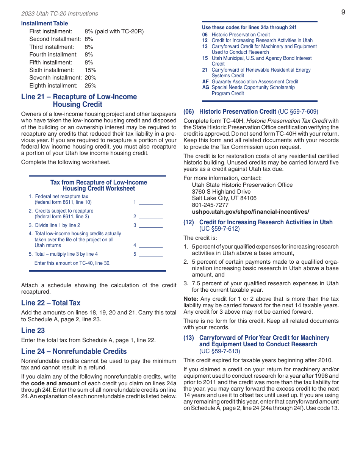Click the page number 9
click(x=343, y=12)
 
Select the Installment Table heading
click(x=44, y=23)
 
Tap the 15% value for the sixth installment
click(x=91, y=70)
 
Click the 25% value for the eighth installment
click(x=91, y=86)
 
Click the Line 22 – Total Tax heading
click(x=51, y=303)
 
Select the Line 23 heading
click(x=33, y=330)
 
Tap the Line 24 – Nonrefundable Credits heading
click(x=74, y=351)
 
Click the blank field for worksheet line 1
click(x=150, y=202)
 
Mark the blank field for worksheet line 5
click(x=150, y=254)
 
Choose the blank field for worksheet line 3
click(x=150, y=225)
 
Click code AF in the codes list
click(x=205, y=81)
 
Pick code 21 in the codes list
click(x=205, y=70)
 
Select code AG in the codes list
click(x=205, y=88)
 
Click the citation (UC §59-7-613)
click(x=219, y=351)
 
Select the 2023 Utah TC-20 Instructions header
click(x=59, y=14)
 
